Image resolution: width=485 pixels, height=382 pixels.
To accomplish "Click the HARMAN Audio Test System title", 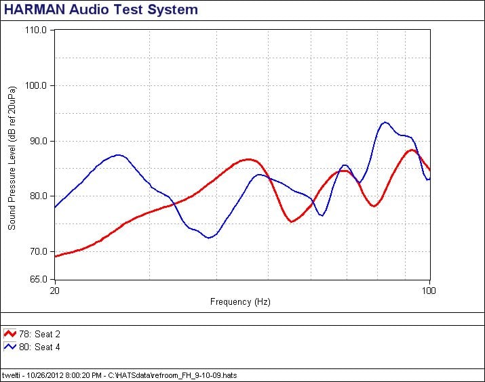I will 102,9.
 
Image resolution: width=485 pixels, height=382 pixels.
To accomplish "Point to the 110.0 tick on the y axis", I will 35,30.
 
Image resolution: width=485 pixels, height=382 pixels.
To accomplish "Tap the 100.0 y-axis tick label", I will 35,86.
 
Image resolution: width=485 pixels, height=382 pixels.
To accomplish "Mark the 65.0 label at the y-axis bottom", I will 37,279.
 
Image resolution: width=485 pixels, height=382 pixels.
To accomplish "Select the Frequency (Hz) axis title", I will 240,302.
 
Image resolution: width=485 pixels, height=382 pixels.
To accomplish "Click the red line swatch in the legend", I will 10,334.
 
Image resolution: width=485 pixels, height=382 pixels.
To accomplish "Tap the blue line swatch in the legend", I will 10,346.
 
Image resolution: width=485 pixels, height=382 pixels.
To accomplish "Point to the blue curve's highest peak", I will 385,123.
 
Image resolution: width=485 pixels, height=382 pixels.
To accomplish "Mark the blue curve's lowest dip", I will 211,238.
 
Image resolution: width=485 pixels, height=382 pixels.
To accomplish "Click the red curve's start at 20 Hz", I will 56,256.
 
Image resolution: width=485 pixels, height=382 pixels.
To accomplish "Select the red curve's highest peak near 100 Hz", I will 411,150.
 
